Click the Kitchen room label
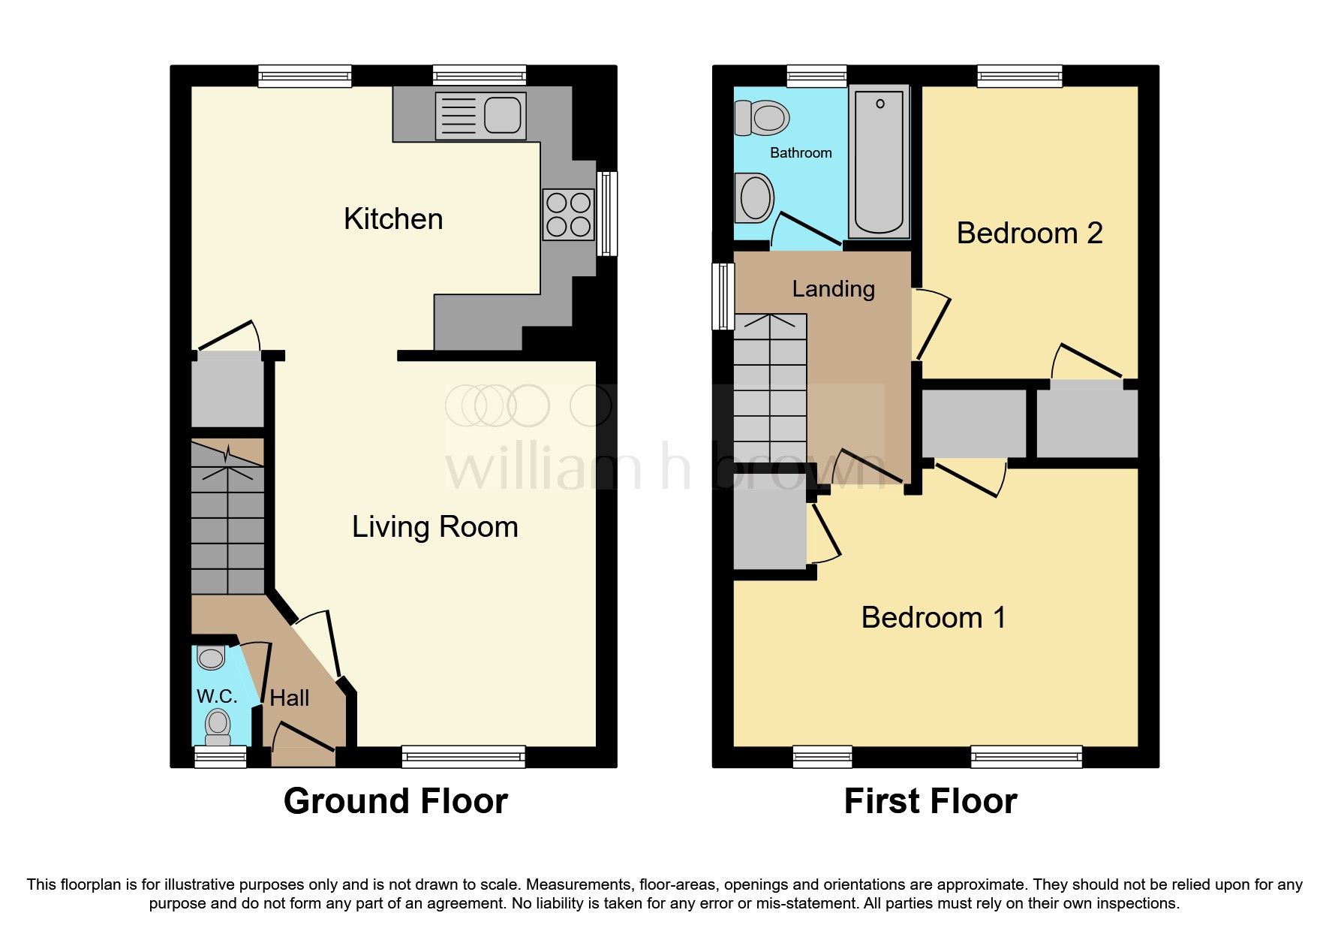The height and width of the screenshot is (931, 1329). pos(393,219)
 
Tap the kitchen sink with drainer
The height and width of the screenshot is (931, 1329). pos(480,116)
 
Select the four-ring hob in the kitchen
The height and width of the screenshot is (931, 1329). pos(568,215)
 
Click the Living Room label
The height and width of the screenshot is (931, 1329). pos(434,527)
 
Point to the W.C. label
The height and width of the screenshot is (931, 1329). pos(217,696)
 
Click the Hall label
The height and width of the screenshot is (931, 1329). pos(290,698)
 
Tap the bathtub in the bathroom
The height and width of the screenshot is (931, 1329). pos(879,161)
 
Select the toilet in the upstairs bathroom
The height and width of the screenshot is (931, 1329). pos(762,118)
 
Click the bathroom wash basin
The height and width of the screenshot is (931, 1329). pos(754,199)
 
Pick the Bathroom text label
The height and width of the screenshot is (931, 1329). pos(801,153)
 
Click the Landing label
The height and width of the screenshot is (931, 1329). pos(833,289)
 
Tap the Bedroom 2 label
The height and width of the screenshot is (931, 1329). pos(1029,234)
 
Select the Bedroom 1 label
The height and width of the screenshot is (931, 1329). pos(933,618)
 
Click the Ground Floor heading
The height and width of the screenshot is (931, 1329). pos(395,801)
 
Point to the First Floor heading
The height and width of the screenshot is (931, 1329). pos(930,801)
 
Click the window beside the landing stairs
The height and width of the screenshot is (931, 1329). pos(723,296)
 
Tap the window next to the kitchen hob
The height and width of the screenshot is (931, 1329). pos(607,214)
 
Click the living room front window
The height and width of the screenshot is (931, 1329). pos(463,756)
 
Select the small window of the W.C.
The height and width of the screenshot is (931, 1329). pos(221,757)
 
